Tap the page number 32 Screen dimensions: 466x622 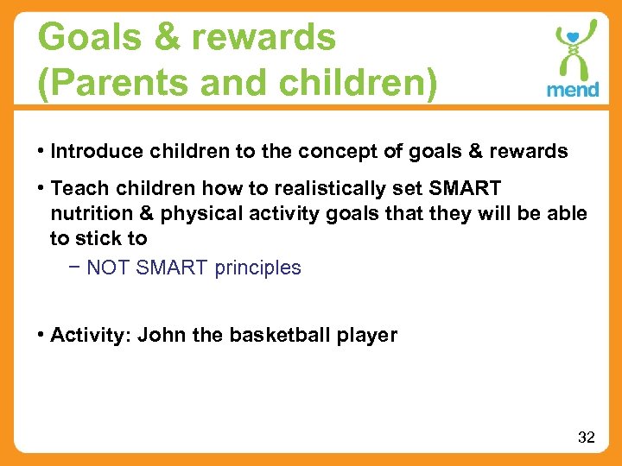586,438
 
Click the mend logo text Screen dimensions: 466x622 572,90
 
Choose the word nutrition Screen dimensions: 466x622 88,213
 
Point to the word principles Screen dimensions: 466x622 257,268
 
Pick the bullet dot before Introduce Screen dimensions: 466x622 42,152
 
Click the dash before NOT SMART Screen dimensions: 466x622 75,268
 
